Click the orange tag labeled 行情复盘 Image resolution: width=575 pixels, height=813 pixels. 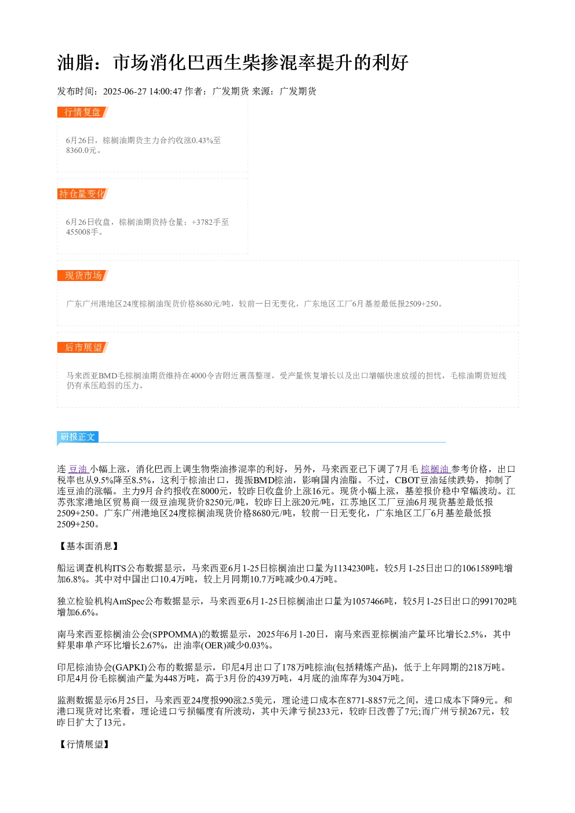point(83,112)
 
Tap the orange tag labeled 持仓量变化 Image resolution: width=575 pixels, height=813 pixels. point(83,194)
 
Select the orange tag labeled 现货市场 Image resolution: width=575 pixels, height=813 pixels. point(83,275)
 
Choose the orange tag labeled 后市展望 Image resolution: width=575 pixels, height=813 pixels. point(83,347)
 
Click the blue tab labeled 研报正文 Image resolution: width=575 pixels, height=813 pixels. point(78,436)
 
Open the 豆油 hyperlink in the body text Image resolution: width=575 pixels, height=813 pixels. point(78,469)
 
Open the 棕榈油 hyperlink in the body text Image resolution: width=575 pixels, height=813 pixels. point(435,469)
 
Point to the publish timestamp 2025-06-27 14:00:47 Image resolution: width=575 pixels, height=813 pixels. point(142,91)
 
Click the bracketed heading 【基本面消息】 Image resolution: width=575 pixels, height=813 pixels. point(89,546)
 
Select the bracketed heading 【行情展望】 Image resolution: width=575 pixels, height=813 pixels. point(84,744)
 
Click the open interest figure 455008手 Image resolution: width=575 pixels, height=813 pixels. point(82,232)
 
